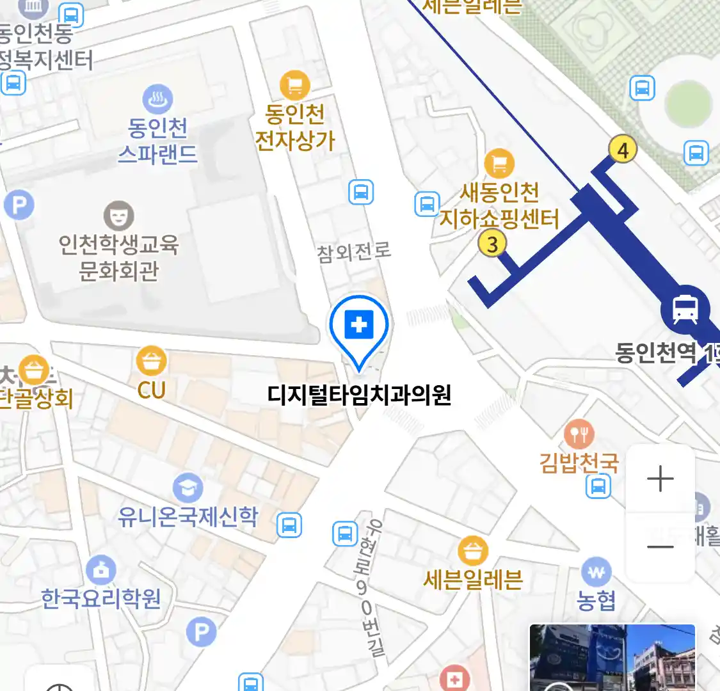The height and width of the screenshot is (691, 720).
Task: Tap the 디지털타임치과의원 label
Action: point(359,395)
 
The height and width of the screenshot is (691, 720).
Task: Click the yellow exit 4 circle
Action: point(622,150)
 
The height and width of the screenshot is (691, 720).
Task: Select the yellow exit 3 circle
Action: point(492,243)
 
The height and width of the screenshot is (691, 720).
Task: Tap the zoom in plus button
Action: point(660,479)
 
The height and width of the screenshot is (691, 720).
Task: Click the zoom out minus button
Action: point(660,546)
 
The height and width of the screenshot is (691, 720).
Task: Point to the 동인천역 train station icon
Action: point(685,309)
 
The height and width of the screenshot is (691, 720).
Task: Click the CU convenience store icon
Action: point(152,361)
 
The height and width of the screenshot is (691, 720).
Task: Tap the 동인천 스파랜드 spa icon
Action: point(157,99)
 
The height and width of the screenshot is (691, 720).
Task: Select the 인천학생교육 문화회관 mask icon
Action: point(118,216)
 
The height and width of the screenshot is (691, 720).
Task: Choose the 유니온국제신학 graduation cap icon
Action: point(188,489)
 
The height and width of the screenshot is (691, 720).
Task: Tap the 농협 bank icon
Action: point(596,572)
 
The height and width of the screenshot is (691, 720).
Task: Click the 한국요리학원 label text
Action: point(101,599)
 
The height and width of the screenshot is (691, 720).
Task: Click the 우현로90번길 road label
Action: point(370,588)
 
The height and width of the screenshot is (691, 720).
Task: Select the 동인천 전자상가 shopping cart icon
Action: point(295,84)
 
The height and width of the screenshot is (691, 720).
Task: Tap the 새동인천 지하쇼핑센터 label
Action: point(499,205)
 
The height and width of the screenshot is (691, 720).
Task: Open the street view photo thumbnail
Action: point(612,658)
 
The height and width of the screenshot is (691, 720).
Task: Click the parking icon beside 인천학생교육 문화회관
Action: point(19,205)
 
